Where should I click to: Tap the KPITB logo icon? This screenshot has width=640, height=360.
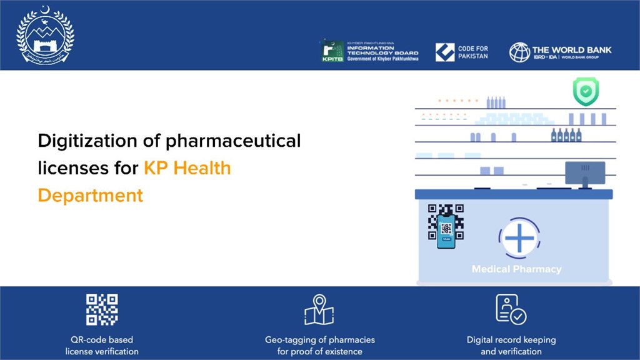pyautogui.click(x=331, y=51)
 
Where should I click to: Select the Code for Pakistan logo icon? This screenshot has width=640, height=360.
pyautogui.click(x=445, y=52)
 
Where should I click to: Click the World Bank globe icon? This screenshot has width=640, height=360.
pyautogui.click(x=519, y=52)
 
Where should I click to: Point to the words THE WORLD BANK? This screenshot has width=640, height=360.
pyautogui.click(x=571, y=49)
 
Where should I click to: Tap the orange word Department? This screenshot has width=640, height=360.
pyautogui.click(x=90, y=195)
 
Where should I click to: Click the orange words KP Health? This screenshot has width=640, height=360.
pyautogui.click(x=187, y=168)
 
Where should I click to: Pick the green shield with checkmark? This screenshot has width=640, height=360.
pyautogui.click(x=586, y=91)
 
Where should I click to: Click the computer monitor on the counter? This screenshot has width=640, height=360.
pyautogui.click(x=584, y=173)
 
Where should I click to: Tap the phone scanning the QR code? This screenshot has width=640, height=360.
pyautogui.click(x=446, y=231)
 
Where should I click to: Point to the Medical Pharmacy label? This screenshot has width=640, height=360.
pyautogui.click(x=516, y=269)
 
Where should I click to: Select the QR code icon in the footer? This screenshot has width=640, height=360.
pyautogui.click(x=102, y=309)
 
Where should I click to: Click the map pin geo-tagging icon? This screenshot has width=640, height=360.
pyautogui.click(x=319, y=309)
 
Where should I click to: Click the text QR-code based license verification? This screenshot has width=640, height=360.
pyautogui.click(x=102, y=346)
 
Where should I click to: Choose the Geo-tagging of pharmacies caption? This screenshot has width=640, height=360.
pyautogui.click(x=319, y=346)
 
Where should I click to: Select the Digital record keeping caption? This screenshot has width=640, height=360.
pyautogui.click(x=511, y=346)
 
